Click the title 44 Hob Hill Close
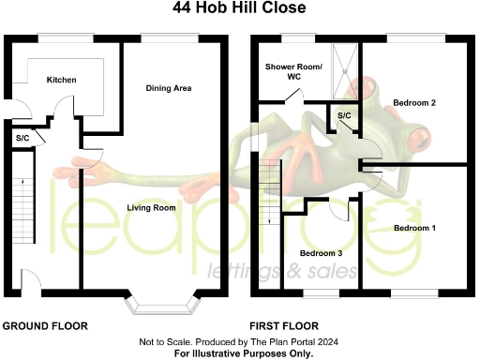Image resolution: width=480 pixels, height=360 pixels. tap(239, 8)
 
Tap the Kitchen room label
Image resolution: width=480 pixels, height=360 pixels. tap(62, 81)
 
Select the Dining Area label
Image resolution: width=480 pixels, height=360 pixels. tap(169, 88)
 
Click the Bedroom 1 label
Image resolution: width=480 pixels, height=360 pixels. tap(414, 228)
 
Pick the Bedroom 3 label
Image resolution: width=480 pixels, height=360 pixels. tap(321, 253)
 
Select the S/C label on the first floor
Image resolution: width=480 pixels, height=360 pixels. tap(344, 115)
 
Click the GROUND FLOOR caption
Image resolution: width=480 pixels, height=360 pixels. tap(45, 326)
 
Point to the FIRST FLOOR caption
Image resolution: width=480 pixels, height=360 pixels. tap(281, 326)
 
